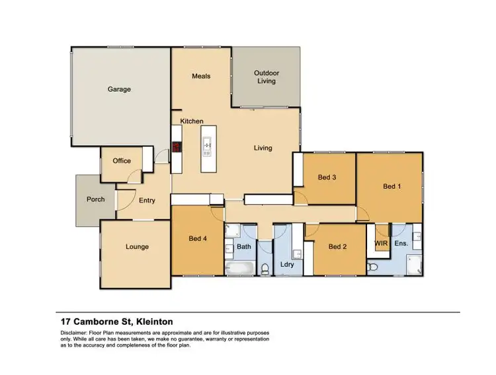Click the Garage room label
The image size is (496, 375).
[120, 89]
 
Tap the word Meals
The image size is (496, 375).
[201, 76]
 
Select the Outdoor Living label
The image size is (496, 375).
[267, 77]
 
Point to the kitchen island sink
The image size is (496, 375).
[206, 145]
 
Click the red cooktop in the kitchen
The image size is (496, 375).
[177, 147]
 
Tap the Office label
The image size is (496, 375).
[122, 160]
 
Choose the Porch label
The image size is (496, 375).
[96, 199]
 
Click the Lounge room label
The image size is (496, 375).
[137, 247]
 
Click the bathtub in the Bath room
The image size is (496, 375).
[239, 268]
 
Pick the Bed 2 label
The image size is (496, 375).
[338, 247]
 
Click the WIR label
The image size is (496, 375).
[381, 244]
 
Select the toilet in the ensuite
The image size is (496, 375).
[372, 267]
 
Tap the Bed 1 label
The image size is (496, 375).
[392, 186]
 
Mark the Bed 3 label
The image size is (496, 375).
[327, 177]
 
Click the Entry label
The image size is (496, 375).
[147, 201]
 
